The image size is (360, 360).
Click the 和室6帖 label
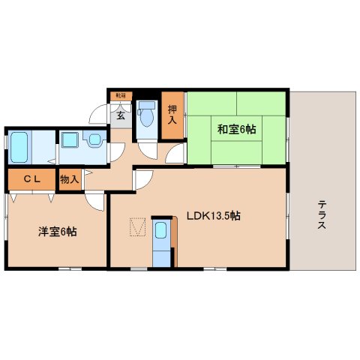pyautogui.click(x=237, y=129)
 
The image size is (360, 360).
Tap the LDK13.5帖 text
pyautogui.click(x=213, y=215)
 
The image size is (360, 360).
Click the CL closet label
pyautogui.click(x=31, y=179)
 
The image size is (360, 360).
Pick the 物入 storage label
pyautogui.click(x=69, y=180)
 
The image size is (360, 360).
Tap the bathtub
pyautogui.click(x=19, y=148)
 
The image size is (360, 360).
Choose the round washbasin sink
pyautogui.click(x=94, y=139)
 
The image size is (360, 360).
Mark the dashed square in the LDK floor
pyautogui.click(x=137, y=226)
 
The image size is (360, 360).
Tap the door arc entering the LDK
pyautogui.click(x=143, y=180)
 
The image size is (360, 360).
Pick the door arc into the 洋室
pyautogui.click(x=94, y=199)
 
